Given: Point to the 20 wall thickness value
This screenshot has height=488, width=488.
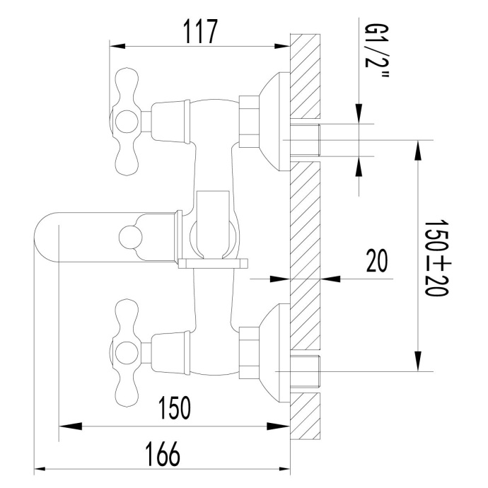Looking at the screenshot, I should click(x=376, y=262).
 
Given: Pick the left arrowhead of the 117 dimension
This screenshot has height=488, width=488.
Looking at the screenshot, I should click(x=115, y=47).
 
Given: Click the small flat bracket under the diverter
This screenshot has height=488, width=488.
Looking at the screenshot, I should click(x=214, y=264).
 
